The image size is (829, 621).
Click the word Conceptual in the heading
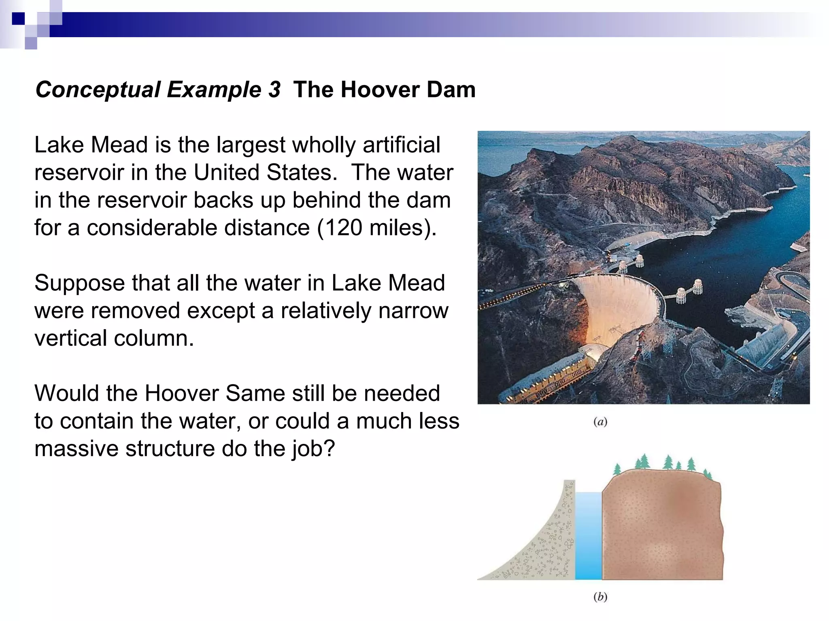tap(98, 90)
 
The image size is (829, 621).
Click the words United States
tap(265, 173)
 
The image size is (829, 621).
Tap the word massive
tap(77, 449)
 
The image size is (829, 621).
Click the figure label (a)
tap(600, 422)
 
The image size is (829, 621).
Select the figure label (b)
tap(600, 597)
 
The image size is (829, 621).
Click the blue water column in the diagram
tap(588, 536)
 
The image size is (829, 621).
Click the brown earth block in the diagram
tap(662, 530)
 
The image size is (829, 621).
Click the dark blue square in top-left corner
tap(18, 19)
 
